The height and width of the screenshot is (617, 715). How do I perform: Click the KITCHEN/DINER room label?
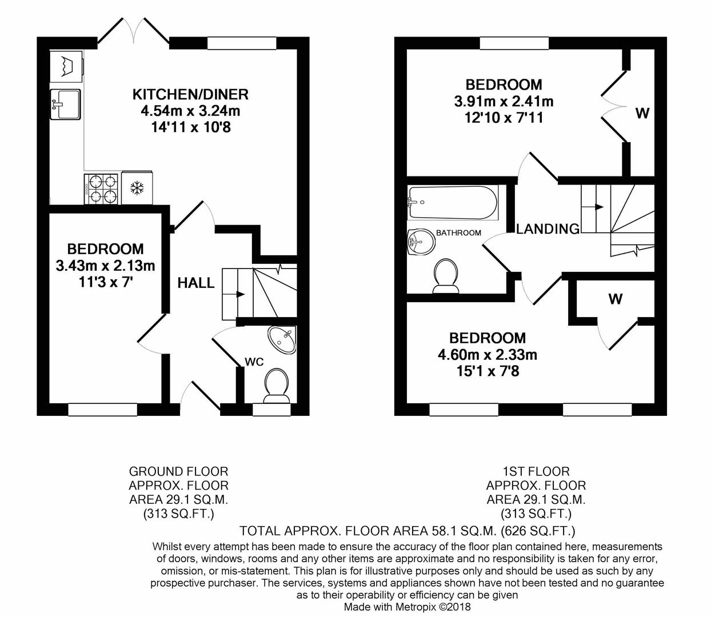[x=190, y=94]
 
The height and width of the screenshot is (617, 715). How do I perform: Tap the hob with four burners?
[x=102, y=189]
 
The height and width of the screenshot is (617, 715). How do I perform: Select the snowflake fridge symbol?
[x=137, y=188]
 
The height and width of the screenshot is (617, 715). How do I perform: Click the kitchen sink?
[x=65, y=104]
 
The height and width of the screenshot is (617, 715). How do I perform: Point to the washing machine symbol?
[x=66, y=64]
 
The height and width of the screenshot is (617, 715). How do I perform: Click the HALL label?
[x=195, y=283]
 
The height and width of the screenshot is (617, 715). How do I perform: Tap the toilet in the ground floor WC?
[x=277, y=384]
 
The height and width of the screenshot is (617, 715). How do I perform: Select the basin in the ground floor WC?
[x=282, y=339]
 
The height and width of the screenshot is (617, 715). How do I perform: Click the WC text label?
[x=254, y=362]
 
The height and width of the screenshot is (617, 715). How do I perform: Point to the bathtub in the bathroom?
[x=452, y=202]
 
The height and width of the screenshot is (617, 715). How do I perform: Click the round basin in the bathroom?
[x=421, y=242]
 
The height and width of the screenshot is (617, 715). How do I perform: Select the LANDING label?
[x=548, y=229]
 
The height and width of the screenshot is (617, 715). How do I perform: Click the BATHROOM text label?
[x=458, y=233]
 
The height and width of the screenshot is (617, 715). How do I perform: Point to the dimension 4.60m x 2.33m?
[x=487, y=355]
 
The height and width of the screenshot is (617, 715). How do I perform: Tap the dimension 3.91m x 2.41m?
[x=504, y=102]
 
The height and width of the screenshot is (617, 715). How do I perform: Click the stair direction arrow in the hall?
[x=241, y=295]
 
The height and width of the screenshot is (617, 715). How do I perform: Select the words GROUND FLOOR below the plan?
[x=178, y=471]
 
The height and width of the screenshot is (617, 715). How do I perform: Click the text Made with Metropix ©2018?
[x=407, y=607]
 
